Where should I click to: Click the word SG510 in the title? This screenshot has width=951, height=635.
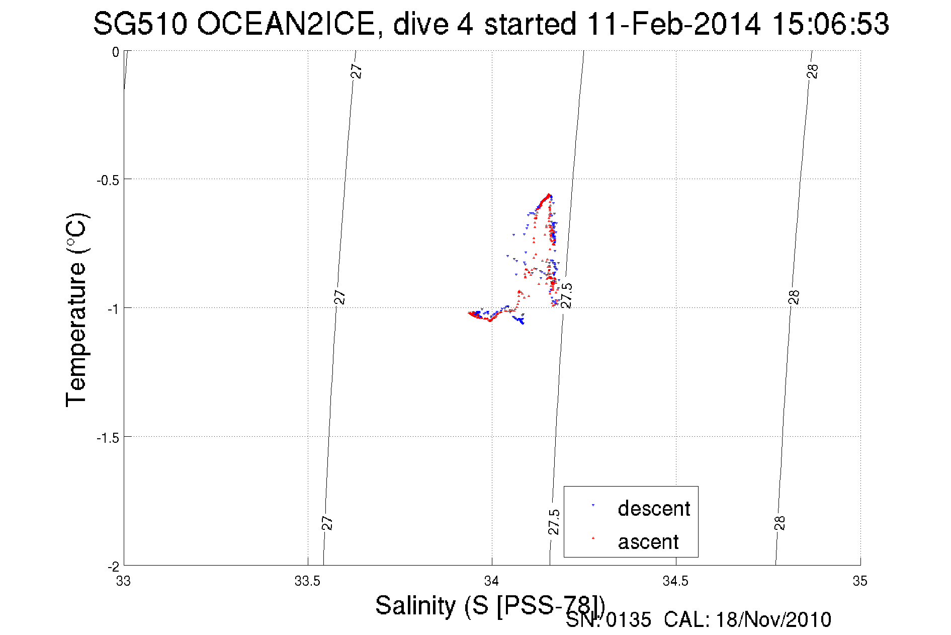pos(140,24)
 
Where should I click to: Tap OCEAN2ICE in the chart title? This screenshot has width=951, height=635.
pos(285,24)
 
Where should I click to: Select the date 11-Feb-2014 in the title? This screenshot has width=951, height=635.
pos(673,24)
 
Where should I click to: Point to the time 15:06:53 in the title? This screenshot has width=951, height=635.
pos(830,24)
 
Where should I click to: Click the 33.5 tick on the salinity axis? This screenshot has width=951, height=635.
pos(307,581)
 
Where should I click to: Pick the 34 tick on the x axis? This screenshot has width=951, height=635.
pos(491,581)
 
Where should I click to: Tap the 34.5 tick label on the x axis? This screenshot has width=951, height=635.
pos(675,581)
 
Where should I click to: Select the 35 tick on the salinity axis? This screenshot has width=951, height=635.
pos(860,581)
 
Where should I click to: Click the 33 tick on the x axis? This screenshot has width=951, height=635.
pos(123,581)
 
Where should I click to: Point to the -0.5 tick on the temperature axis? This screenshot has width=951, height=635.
pos(107,180)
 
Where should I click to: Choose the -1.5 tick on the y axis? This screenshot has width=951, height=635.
pos(107,438)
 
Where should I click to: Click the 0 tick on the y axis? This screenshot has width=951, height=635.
pos(116,52)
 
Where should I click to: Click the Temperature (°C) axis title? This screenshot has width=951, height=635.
pos(77,310)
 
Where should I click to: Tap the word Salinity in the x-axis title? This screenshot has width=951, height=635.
pos(415,605)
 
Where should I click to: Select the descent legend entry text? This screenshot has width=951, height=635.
pos(654,509)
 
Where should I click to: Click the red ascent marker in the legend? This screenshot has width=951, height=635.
pos(593,538)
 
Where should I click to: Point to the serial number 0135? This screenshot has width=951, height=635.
pos(629,620)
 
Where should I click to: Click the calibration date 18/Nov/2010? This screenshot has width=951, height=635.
pos(773,620)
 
